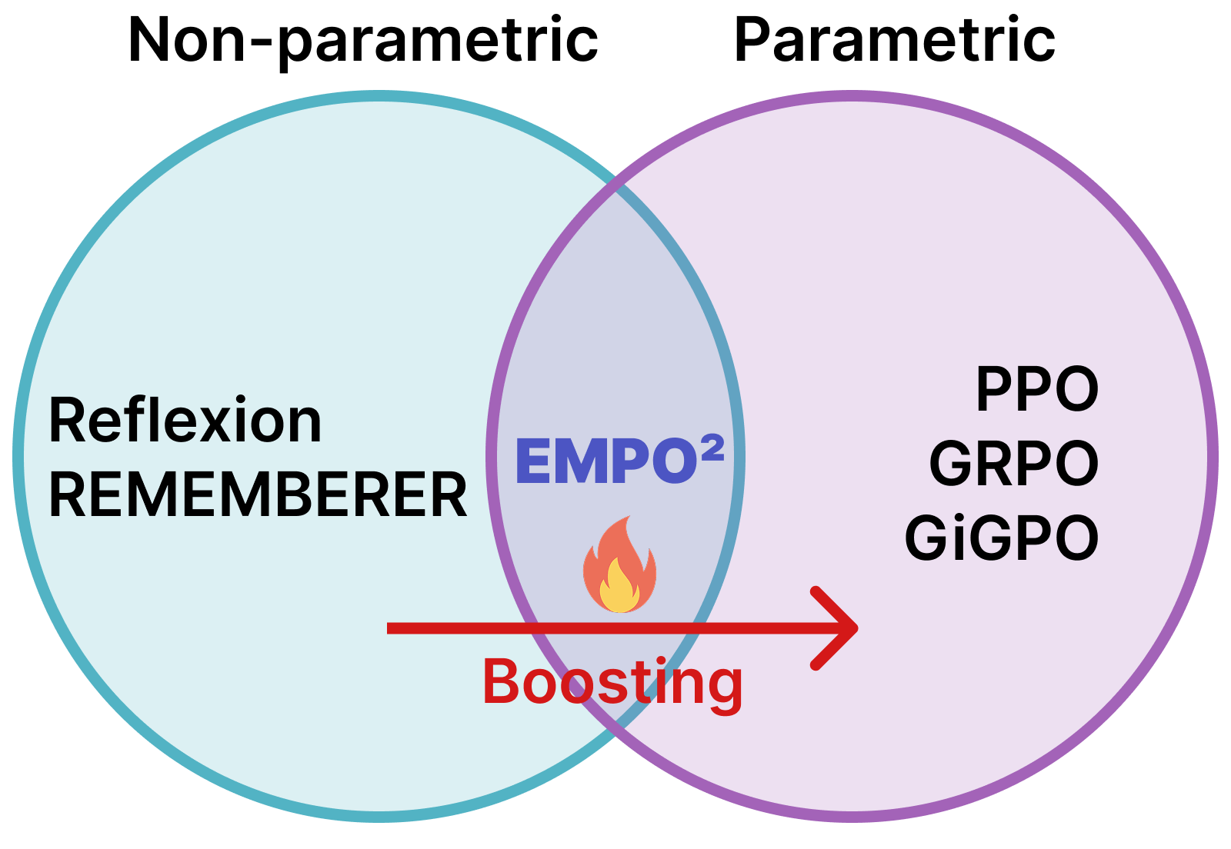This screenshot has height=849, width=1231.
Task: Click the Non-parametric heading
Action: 362,40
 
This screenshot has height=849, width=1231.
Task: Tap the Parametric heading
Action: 894,40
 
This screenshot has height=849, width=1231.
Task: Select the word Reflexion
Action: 185,421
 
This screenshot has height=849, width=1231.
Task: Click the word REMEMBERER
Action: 258,495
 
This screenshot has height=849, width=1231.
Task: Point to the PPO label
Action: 1037,390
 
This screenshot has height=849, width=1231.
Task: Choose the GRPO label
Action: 1014,464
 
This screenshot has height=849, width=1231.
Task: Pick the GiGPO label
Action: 1002,538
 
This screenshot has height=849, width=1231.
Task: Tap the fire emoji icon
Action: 620,565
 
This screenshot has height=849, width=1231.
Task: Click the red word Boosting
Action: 612,682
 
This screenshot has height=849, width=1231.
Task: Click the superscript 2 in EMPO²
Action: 712,448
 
